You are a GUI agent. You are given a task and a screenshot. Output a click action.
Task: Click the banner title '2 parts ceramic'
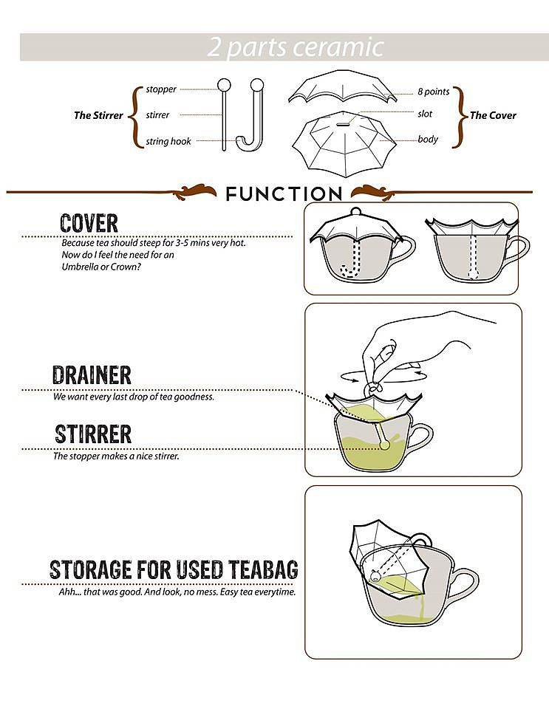(296, 47)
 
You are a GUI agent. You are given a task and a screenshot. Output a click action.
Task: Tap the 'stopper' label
(161, 89)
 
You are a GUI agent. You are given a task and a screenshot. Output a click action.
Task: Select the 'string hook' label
(168, 142)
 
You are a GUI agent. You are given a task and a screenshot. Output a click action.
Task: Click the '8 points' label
(433, 92)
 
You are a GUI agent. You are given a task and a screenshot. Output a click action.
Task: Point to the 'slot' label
(425, 114)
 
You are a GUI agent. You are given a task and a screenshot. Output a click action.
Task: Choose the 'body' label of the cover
(428, 140)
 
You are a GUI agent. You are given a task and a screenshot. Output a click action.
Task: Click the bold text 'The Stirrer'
(98, 115)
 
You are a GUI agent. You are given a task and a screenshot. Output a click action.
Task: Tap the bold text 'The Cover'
(492, 115)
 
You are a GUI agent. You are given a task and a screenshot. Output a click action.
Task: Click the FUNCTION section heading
(284, 194)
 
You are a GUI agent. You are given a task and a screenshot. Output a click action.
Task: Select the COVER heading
(89, 223)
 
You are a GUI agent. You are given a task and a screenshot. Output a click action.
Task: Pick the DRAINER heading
(92, 375)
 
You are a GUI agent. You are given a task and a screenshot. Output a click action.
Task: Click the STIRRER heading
(93, 434)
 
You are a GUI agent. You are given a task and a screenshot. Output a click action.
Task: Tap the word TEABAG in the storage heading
(263, 569)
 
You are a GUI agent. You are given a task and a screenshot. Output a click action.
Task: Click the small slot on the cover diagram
(343, 123)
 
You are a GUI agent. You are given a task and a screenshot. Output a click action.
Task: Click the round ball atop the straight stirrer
(225, 84)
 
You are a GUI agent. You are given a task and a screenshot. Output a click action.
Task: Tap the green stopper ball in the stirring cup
(385, 445)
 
